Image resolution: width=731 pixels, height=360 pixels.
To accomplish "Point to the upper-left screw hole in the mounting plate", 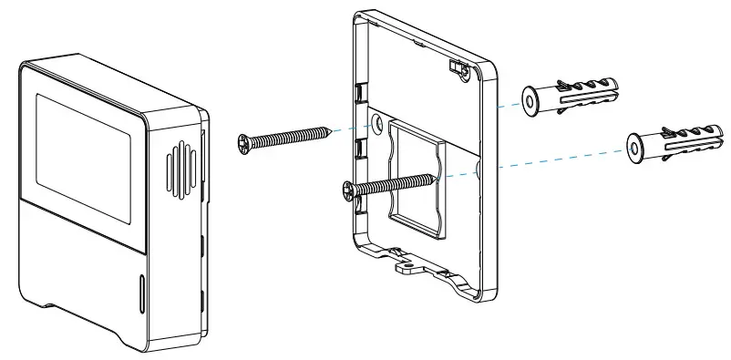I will coord(377,121).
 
